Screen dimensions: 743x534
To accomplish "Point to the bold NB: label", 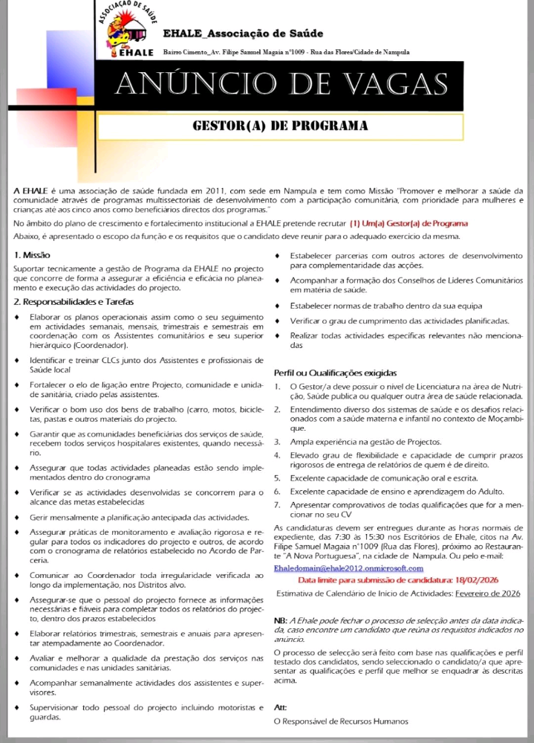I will [x=281, y=620].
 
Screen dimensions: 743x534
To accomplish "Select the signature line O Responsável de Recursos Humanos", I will [x=341, y=721].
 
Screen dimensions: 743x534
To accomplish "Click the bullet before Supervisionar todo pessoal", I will [x=18, y=707].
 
